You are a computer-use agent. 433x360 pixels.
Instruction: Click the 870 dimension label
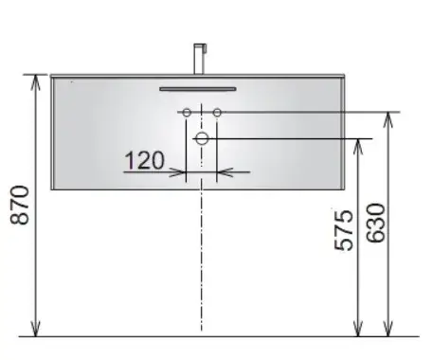(x=20, y=206)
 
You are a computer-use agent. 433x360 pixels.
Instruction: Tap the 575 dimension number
(x=344, y=230)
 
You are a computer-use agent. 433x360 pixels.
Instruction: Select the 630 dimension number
(x=376, y=223)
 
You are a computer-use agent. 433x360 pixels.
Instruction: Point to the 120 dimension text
(x=145, y=160)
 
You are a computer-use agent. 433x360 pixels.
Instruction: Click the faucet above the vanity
(x=199, y=59)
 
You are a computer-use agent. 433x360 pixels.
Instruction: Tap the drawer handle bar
(x=198, y=89)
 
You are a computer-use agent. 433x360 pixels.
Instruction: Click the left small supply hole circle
(x=187, y=113)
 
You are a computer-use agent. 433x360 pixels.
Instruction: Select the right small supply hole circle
(x=217, y=113)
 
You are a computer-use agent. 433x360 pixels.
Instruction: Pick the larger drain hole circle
(x=202, y=138)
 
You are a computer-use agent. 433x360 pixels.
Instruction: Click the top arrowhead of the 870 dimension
(x=36, y=76)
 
